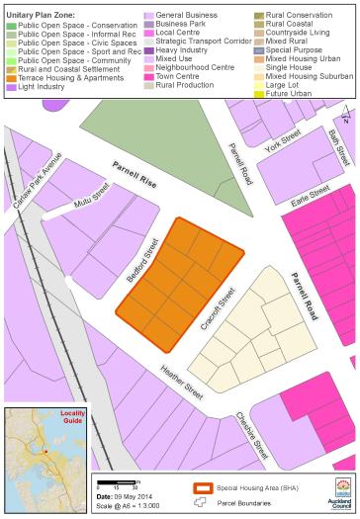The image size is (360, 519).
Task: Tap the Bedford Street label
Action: [141, 261]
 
